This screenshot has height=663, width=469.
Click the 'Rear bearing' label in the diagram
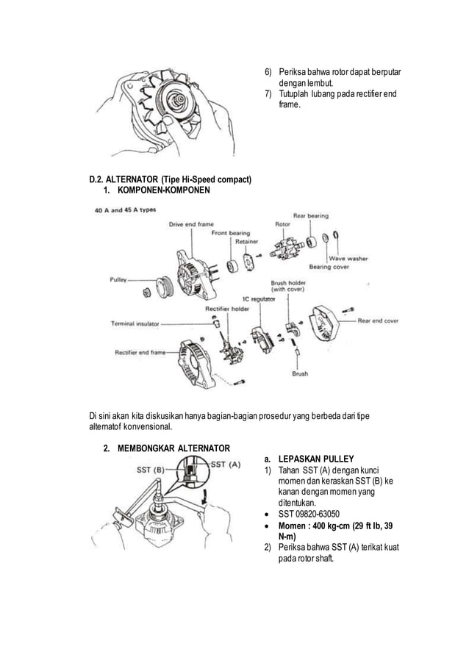(x=310, y=215)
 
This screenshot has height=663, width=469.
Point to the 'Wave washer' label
(x=348, y=258)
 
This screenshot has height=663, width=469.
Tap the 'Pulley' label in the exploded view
(x=118, y=280)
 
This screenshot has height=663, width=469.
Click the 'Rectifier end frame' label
(x=140, y=352)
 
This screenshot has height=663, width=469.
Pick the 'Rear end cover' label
(x=378, y=320)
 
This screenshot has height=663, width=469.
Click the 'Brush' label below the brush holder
(x=299, y=373)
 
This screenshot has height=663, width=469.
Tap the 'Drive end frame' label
(x=191, y=224)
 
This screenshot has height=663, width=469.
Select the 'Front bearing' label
(x=231, y=233)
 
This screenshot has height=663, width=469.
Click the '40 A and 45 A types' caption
(x=124, y=209)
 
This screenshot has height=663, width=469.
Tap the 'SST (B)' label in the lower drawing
(x=151, y=469)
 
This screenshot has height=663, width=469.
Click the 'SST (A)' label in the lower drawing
(x=226, y=464)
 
